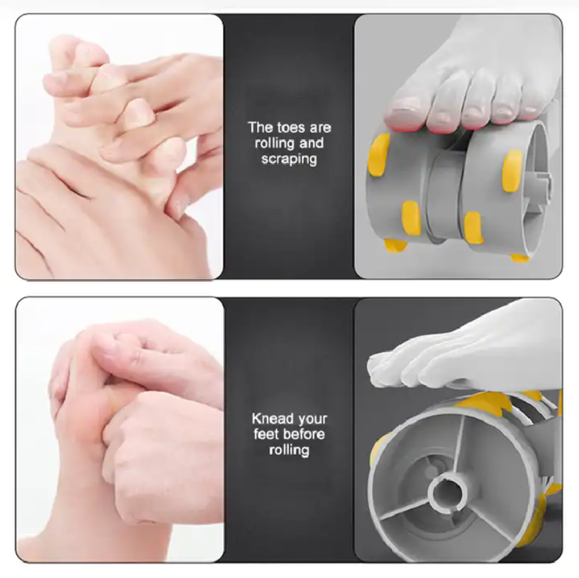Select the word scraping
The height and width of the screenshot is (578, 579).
289,160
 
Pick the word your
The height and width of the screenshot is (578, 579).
313,420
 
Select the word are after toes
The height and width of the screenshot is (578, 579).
319,128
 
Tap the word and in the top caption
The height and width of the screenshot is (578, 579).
311,143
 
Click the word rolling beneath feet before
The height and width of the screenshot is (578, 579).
289,450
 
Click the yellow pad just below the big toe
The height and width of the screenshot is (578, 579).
379,154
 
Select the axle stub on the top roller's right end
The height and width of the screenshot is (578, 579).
544,181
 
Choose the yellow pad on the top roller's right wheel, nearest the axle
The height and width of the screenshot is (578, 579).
512,170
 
